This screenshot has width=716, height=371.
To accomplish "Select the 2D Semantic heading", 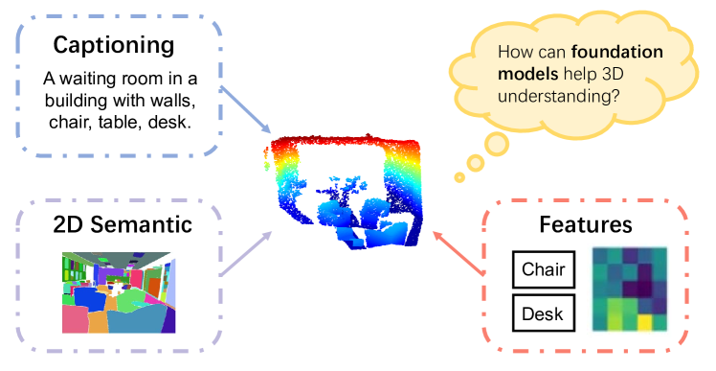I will pyautogui.click(x=116, y=225).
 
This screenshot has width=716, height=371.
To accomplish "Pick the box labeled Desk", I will pyautogui.click(x=543, y=313).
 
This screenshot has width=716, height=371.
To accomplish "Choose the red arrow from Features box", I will pyautogui.click(x=457, y=251).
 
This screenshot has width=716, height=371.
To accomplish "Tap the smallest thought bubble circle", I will pyautogui.click(x=459, y=176).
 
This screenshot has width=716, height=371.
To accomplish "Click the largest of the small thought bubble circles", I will pyautogui.click(x=495, y=145).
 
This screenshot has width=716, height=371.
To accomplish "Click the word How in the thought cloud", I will pyautogui.click(x=515, y=57).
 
